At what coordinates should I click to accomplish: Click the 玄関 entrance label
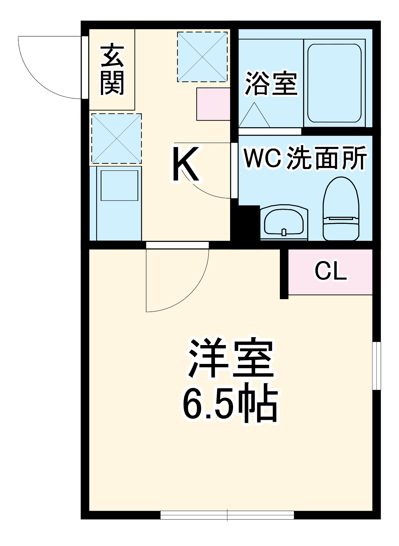click(x=112, y=70)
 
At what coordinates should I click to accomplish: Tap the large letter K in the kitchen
click(x=186, y=164)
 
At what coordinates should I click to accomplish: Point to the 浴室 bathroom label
click(x=271, y=84)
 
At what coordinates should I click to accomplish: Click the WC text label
click(x=262, y=158)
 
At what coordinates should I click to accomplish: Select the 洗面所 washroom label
click(x=327, y=158)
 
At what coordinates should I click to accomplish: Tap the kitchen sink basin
click(x=119, y=186)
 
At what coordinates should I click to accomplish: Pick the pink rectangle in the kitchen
click(x=213, y=104)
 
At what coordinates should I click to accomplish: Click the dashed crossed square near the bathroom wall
click(x=202, y=57)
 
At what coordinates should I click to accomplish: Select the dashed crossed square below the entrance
click(x=116, y=139)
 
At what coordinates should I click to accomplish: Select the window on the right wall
click(x=377, y=366)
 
